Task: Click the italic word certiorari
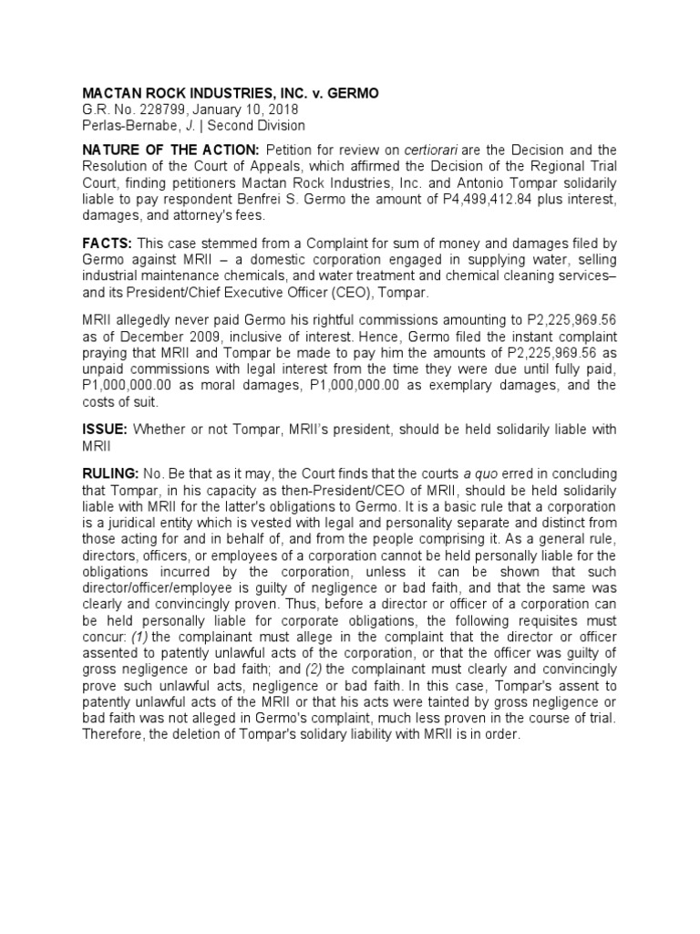pos(415,149)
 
